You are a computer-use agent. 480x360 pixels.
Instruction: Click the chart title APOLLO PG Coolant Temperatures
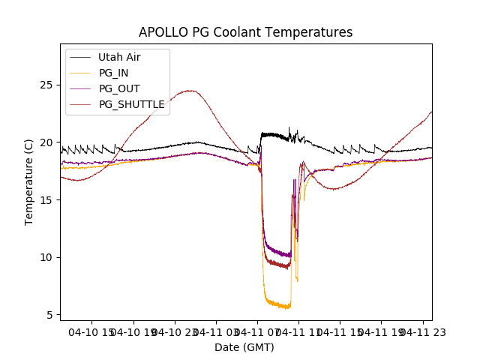coord(245,32)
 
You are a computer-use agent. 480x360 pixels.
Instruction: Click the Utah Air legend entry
coord(119,57)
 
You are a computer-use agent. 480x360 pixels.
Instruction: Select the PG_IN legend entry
coord(114,73)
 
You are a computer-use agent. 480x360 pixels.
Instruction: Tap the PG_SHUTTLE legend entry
coord(131,104)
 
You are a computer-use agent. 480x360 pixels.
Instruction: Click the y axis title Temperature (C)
coord(29,182)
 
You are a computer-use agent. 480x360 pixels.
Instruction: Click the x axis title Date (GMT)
coord(244,347)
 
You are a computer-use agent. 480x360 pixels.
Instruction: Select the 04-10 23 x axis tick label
coord(175,331)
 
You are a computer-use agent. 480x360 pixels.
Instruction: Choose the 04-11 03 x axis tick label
coord(217,331)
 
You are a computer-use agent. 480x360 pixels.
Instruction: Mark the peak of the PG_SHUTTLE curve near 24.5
coord(190,91)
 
